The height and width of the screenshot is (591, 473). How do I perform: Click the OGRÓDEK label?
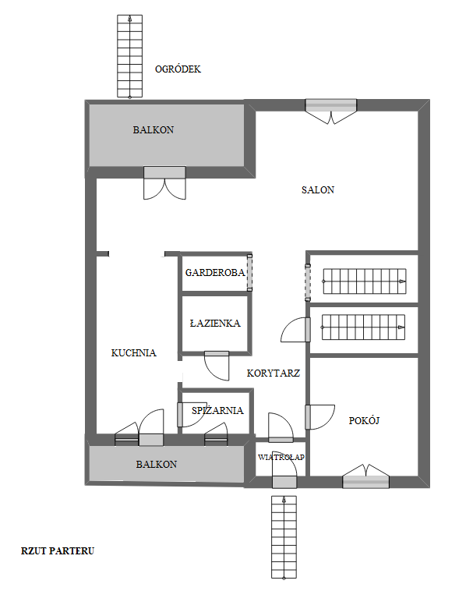coord(178,69)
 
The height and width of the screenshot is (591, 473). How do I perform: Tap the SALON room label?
coord(318,189)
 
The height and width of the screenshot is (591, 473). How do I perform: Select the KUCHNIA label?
coord(134,352)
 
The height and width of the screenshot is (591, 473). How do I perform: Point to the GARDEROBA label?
coord(215,273)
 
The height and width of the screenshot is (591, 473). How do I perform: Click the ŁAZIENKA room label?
coord(215,323)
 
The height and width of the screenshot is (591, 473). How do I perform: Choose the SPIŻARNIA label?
coord(217,410)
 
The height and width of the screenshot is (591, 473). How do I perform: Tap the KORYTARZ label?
coord(274,373)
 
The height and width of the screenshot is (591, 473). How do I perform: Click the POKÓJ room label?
coord(364,420)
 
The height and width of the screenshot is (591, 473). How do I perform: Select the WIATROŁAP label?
coord(281,457)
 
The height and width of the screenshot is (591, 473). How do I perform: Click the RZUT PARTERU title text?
coord(58,551)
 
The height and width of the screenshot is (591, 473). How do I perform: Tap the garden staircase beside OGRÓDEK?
coord(130,57)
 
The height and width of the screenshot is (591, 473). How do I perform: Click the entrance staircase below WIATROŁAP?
coord(284,537)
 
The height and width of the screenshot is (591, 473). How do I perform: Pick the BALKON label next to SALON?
coord(154,130)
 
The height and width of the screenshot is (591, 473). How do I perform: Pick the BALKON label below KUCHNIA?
coord(157,465)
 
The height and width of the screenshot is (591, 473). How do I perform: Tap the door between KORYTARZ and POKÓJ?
coord(319,417)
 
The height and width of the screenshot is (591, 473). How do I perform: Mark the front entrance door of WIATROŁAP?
coord(284,469)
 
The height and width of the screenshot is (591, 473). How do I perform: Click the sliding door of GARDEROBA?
coord(249,273)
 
